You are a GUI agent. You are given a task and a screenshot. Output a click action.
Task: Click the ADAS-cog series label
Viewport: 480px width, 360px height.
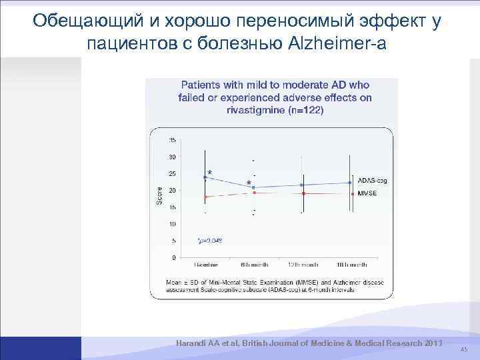(372, 181)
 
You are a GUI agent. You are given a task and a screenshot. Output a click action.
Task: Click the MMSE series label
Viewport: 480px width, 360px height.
(367, 193)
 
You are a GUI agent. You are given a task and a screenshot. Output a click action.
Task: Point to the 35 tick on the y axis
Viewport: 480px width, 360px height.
(172, 140)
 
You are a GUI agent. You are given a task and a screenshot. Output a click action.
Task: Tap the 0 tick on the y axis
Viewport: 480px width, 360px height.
(173, 257)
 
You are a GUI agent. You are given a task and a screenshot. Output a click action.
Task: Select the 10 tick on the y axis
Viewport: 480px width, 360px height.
(172, 224)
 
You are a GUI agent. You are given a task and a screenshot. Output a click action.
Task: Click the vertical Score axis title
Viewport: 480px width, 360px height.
(159, 195)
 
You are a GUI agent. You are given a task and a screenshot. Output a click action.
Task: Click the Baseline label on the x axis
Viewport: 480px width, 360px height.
(205, 265)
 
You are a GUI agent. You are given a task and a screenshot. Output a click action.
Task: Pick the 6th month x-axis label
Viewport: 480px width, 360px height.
(253, 265)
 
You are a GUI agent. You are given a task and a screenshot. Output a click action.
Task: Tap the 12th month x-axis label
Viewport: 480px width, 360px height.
(302, 265)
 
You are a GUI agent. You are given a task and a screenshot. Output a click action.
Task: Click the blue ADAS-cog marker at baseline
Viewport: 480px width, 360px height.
(205, 177)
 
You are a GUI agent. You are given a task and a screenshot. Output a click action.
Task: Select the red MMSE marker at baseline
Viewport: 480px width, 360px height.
(205, 197)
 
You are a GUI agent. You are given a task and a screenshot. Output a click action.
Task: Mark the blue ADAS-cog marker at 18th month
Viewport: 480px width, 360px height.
(351, 183)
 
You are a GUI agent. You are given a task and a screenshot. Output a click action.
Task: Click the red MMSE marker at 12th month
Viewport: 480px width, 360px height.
(303, 193)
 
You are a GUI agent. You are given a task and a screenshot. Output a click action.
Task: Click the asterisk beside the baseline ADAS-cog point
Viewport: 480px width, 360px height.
(211, 173)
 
